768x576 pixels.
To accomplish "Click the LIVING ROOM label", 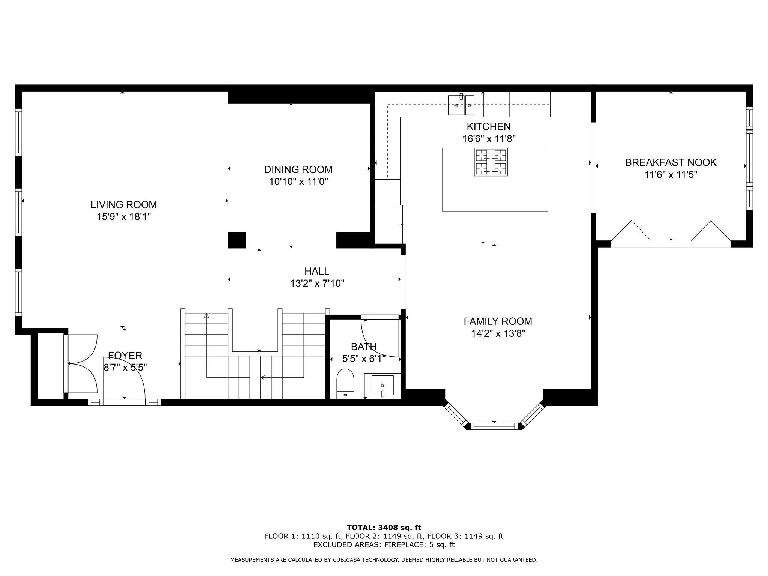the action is click(124, 205).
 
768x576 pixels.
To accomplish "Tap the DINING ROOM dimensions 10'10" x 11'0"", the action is click(298, 182).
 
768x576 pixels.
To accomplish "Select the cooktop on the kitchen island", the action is click(491, 162).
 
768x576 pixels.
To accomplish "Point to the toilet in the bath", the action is click(346, 383).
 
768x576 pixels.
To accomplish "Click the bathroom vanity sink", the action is click(382, 385).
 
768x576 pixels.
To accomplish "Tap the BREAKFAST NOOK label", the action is click(670, 162).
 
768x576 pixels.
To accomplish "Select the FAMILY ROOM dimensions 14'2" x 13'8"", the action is click(498, 333).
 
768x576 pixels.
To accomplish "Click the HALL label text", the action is click(317, 271).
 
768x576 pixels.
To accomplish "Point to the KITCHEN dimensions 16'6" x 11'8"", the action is click(489, 139).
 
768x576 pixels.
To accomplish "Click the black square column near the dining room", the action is click(237, 240).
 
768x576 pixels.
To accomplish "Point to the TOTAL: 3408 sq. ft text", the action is click(384, 528).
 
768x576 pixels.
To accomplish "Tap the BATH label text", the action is click(364, 346).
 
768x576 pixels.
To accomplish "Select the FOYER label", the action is click(125, 355).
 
